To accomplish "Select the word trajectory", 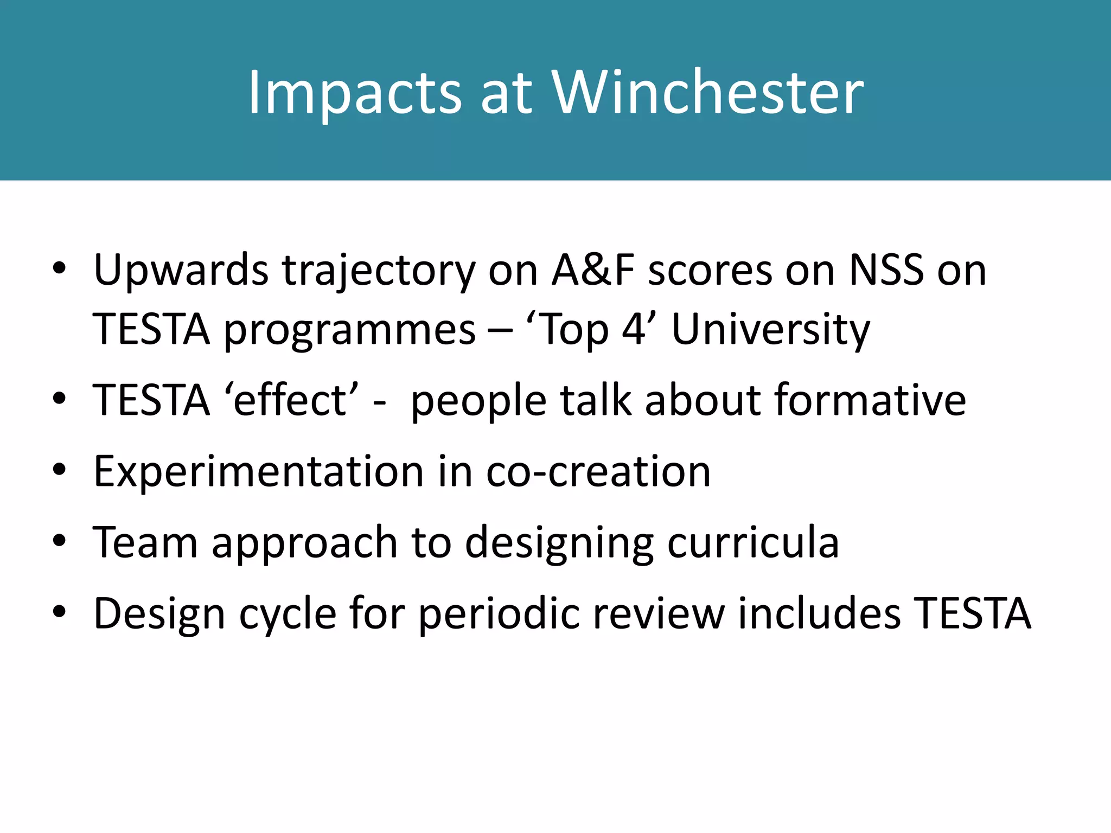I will click(379, 271).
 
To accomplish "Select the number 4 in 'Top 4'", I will click(633, 329).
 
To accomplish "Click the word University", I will click(770, 330).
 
